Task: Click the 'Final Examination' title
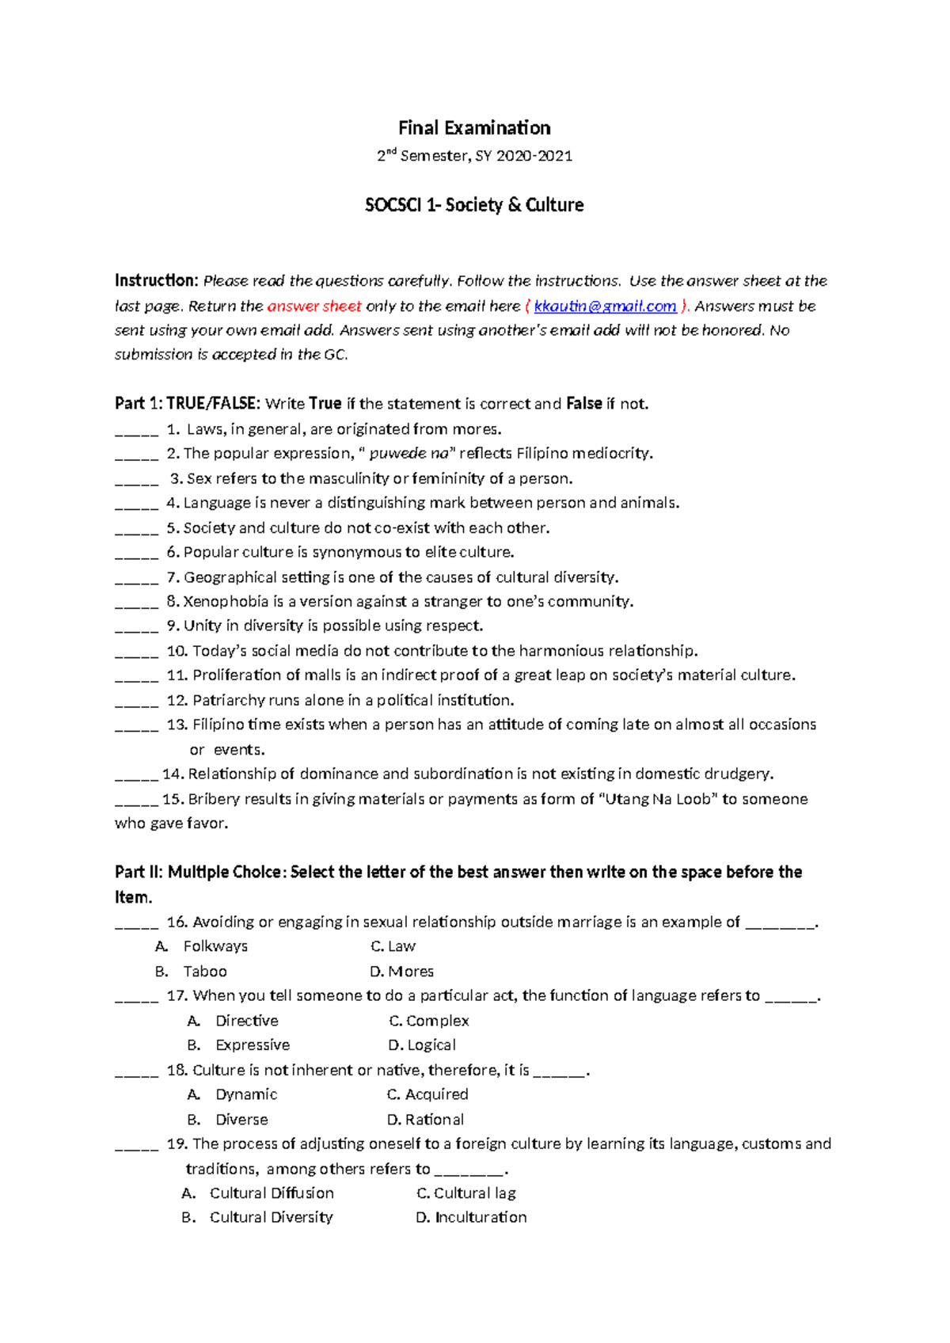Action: point(474,128)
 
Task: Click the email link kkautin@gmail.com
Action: point(605,306)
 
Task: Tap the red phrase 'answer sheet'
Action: point(314,306)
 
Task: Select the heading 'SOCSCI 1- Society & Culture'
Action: point(474,205)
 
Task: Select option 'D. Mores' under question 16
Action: point(401,972)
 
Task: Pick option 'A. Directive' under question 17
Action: point(233,1022)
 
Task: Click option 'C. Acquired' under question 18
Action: point(427,1094)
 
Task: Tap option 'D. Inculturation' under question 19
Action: point(471,1218)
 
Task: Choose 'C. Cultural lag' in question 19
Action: point(466,1193)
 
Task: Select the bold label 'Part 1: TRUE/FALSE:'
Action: point(187,404)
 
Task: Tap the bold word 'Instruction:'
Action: point(156,280)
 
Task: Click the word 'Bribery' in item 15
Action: point(214,800)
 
